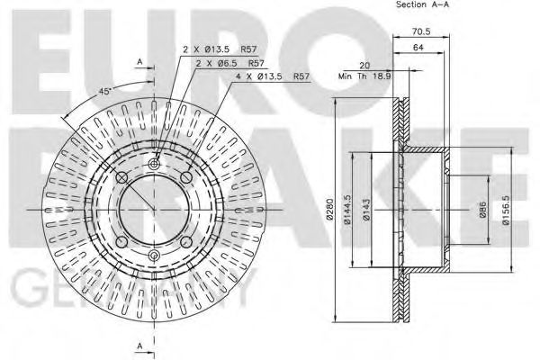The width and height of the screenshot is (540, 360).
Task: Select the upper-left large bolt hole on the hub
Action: [124, 178]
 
